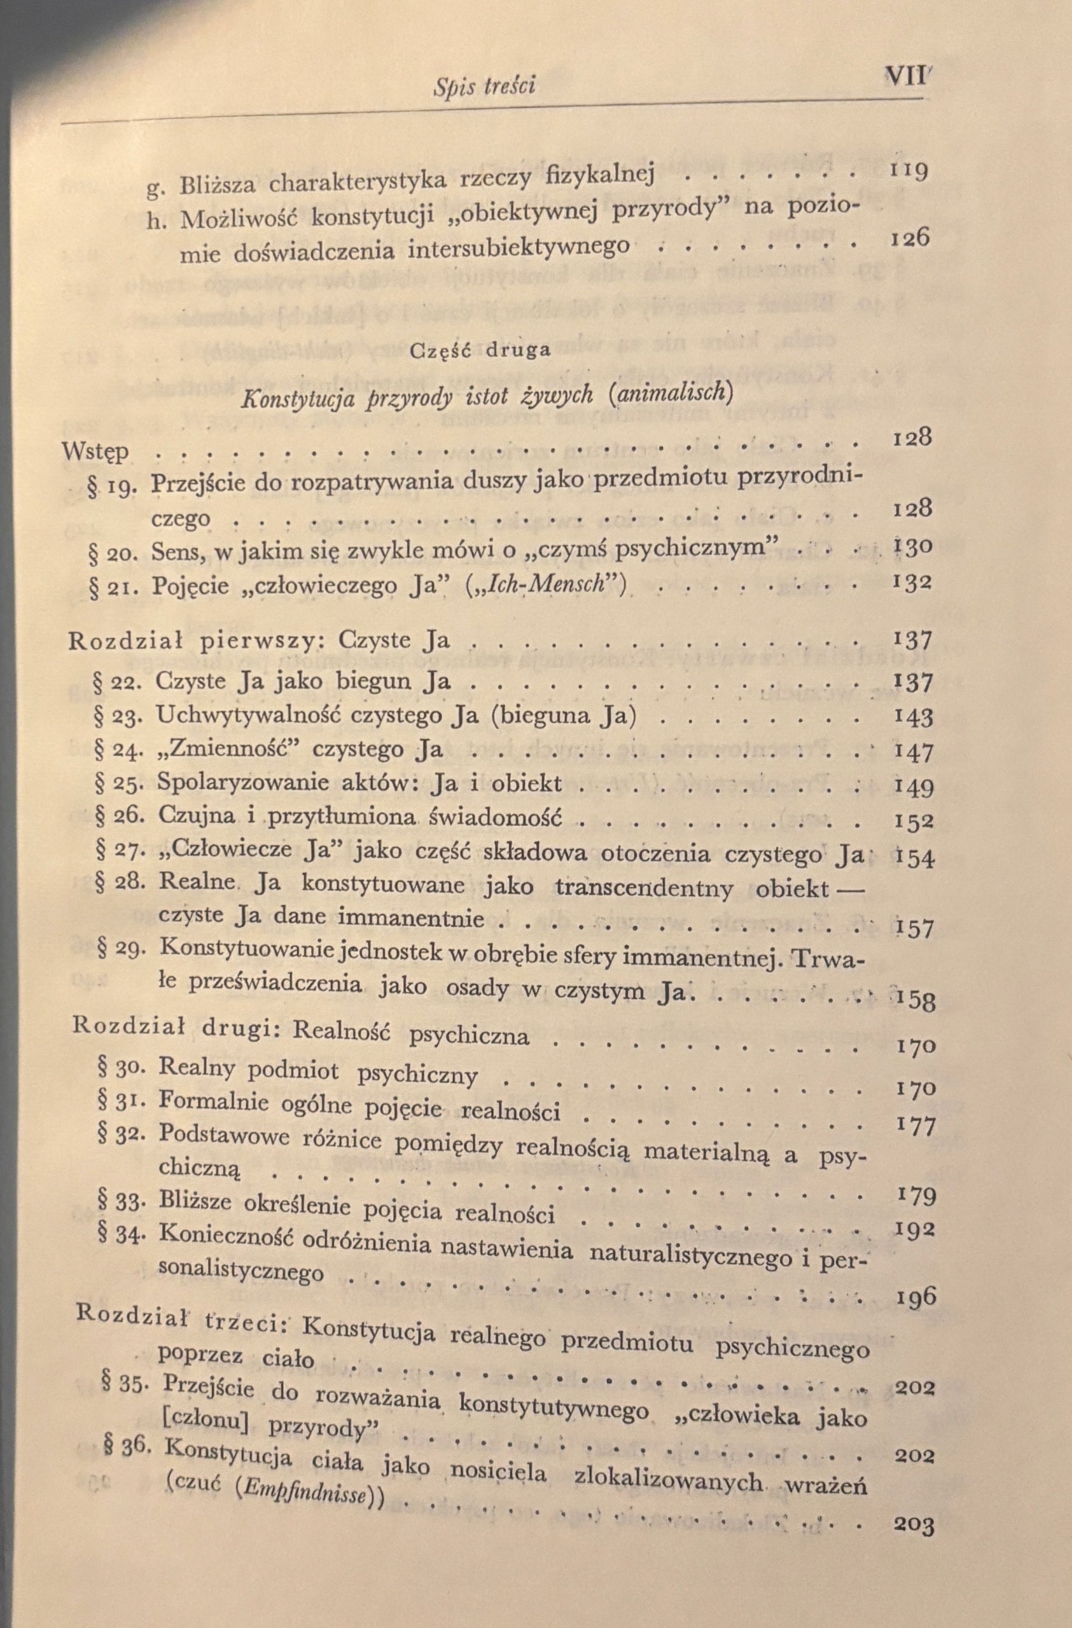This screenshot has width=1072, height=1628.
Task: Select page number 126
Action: (x=910, y=238)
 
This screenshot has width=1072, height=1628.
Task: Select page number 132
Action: (x=912, y=583)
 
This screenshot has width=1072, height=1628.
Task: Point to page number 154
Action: (x=914, y=857)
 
